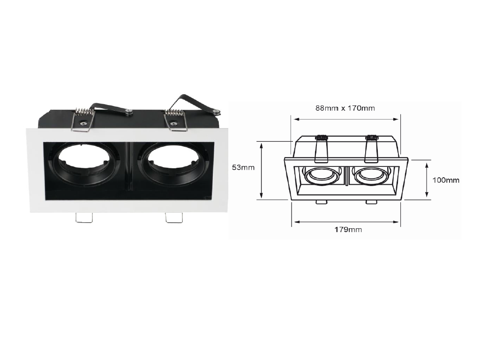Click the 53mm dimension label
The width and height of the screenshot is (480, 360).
[x=243, y=167]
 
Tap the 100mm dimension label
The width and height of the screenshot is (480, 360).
[x=446, y=180]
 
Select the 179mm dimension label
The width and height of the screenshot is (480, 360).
[x=348, y=229]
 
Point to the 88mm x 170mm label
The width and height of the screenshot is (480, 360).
[x=345, y=108]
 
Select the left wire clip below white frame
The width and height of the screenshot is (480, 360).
[x=84, y=217]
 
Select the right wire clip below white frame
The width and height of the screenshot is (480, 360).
[x=174, y=217]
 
